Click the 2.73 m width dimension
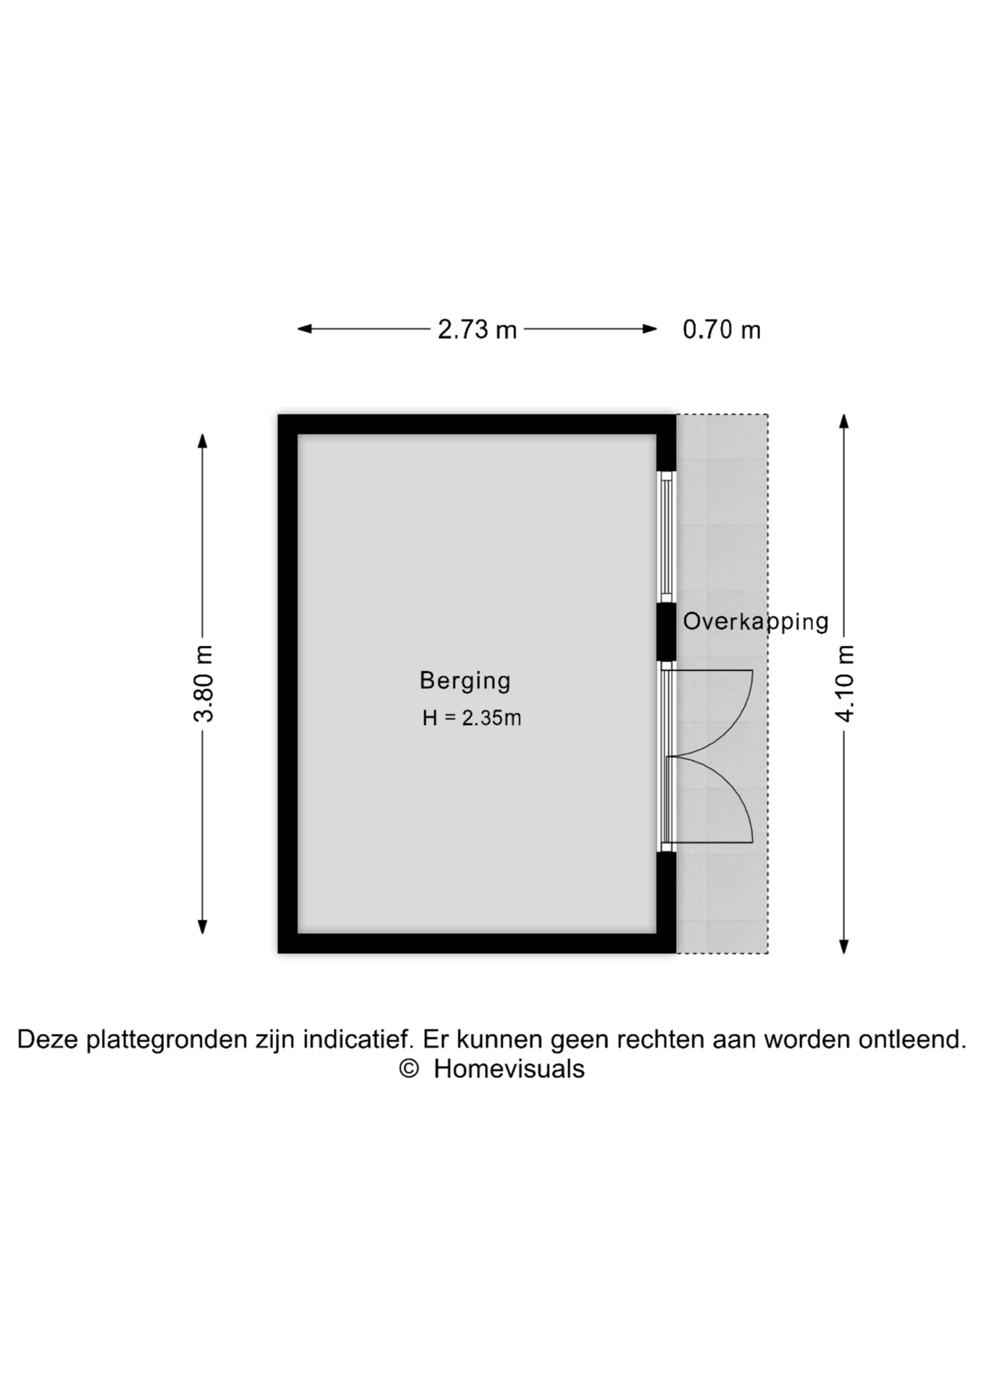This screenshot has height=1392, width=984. click(x=478, y=330)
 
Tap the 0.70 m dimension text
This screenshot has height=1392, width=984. click(x=722, y=330)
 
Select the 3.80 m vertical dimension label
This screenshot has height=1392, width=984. click(x=204, y=684)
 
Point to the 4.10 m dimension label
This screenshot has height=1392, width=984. click(x=845, y=684)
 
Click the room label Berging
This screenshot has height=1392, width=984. click(x=465, y=681)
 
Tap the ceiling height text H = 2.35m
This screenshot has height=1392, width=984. click(x=472, y=718)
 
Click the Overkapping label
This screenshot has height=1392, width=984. click(x=756, y=622)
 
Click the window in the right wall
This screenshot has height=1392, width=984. click(x=667, y=537)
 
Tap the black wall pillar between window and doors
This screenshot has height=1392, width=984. click(x=667, y=631)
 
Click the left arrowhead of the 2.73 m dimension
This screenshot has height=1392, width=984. click(x=304, y=328)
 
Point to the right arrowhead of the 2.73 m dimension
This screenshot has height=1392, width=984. click(x=650, y=328)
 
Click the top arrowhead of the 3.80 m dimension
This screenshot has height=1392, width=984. click(x=203, y=441)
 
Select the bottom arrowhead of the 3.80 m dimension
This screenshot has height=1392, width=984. click(x=203, y=927)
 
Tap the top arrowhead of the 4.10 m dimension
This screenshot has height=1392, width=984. click(x=844, y=421)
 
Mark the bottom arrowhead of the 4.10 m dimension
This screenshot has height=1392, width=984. click(x=844, y=946)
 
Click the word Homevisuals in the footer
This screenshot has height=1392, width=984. click(x=509, y=1069)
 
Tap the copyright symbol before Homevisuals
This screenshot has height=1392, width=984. click(x=409, y=1069)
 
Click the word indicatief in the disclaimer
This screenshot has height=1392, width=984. click(x=358, y=1040)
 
